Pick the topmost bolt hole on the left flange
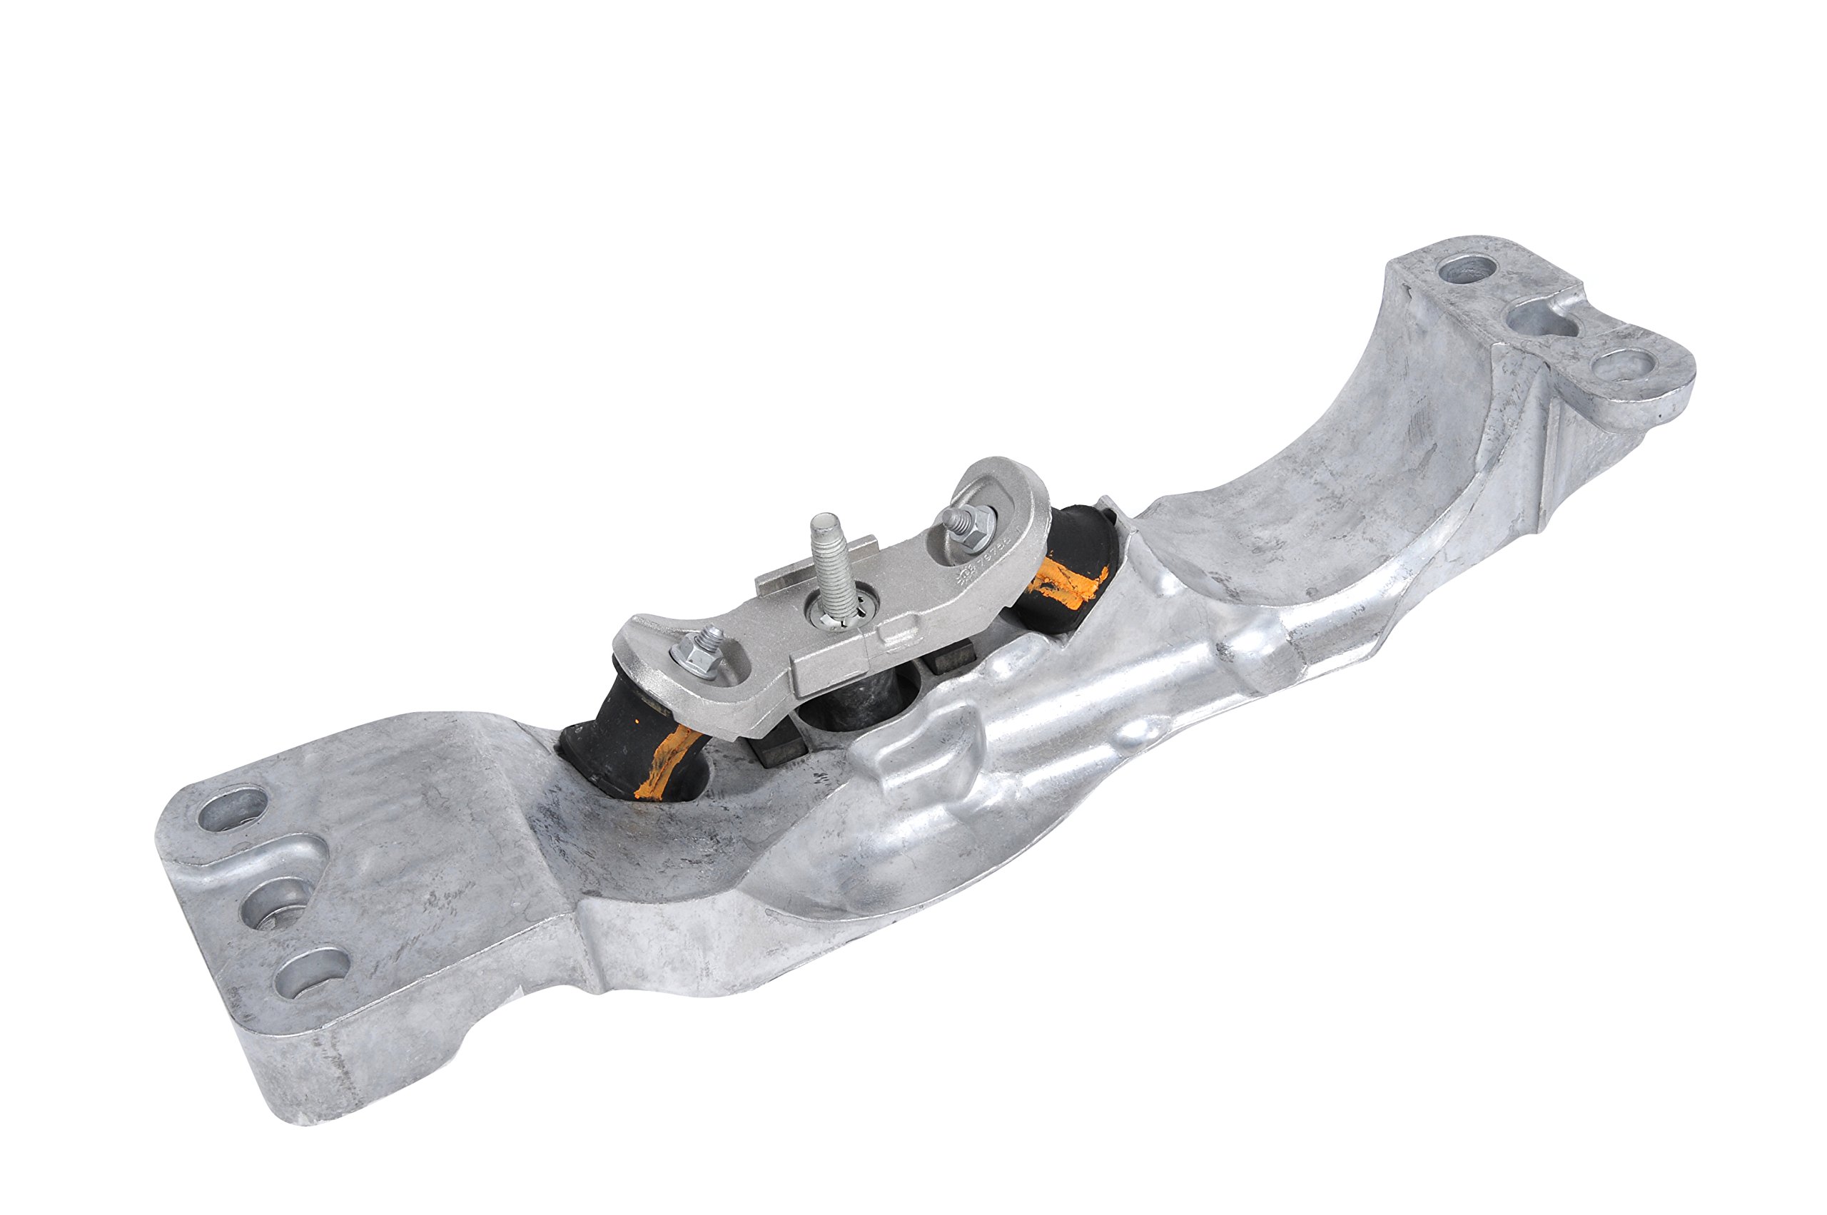231,809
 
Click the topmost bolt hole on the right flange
1467,269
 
